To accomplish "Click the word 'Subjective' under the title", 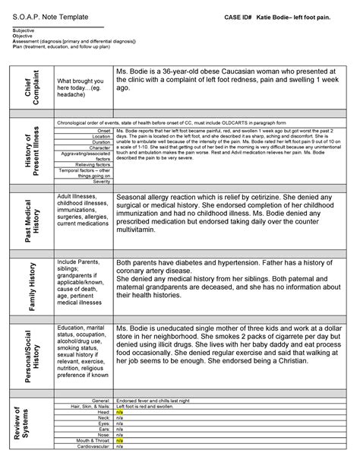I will click(x=24, y=30).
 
